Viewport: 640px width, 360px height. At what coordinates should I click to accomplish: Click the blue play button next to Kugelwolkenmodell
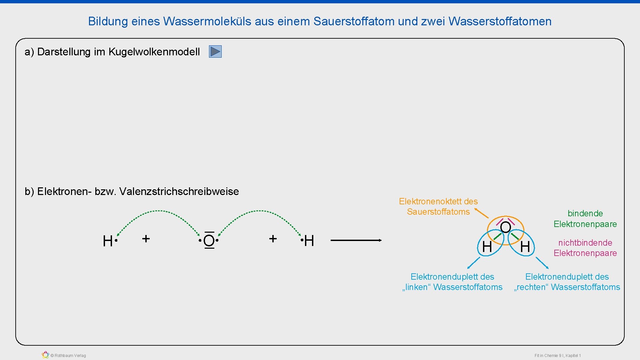215,52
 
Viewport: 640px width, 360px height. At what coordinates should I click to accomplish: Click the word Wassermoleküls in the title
207,21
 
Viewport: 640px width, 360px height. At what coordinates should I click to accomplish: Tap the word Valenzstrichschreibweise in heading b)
179,192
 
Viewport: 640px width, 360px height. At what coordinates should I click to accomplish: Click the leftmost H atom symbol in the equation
108,241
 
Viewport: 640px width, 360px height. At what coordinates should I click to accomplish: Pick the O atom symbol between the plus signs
209,241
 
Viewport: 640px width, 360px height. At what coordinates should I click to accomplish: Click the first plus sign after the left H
146,239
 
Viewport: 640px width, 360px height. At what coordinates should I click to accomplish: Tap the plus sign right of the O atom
273,239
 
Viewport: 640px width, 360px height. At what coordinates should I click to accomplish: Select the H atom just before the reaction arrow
309,241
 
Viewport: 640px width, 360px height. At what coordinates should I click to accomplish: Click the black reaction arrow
356,240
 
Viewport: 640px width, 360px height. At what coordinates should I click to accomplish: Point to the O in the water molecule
505,227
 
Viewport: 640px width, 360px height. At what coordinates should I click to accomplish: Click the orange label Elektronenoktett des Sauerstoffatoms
438,207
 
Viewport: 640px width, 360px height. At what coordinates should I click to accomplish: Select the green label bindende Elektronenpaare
585,219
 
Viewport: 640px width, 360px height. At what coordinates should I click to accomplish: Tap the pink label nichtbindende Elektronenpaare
585,248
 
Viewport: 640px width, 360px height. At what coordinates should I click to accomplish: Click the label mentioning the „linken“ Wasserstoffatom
452,282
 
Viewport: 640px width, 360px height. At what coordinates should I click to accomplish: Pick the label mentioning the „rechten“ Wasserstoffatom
567,282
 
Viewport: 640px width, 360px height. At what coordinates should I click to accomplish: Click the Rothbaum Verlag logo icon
45,355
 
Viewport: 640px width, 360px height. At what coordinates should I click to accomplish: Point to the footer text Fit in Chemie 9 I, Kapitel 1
558,356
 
